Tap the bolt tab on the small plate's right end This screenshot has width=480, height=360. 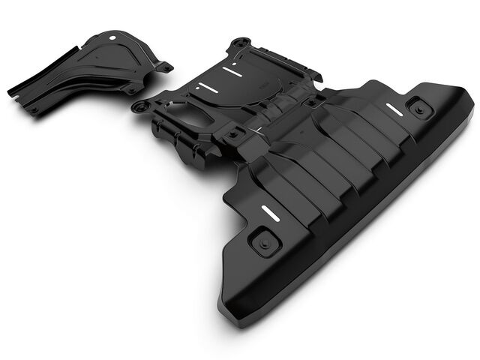[x=164, y=67]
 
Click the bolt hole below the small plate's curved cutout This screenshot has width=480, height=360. [x=133, y=89]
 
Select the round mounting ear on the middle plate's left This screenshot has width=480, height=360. [x=139, y=106]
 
